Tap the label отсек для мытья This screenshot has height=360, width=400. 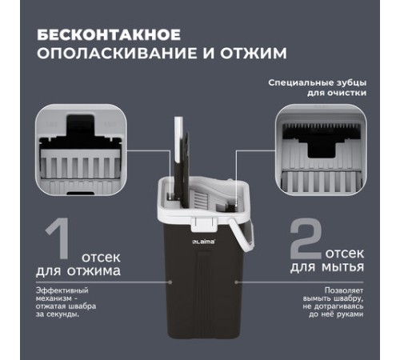(x=336, y=265)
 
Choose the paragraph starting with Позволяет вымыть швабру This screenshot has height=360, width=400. (x=335, y=303)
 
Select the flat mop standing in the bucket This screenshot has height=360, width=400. (x=185, y=160)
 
